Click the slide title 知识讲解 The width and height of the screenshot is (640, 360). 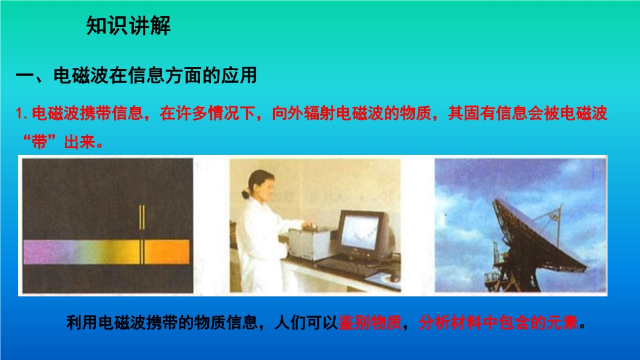128,26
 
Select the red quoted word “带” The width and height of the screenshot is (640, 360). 39,142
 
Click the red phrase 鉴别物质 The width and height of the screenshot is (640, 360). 370,323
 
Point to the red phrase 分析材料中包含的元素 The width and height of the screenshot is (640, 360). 498,323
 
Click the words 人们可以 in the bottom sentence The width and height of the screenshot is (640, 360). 306,323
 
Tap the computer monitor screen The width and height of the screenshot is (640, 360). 360,232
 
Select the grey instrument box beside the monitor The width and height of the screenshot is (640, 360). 310,244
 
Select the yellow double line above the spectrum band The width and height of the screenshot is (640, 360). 142,217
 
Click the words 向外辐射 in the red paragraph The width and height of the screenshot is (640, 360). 303,113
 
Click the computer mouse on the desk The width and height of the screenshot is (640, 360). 393,278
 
